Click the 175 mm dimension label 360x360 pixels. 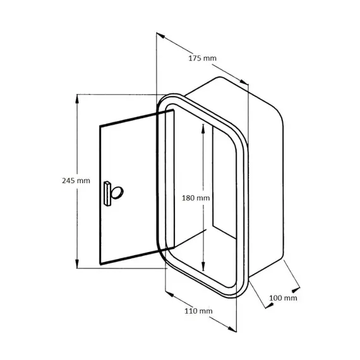(203, 58)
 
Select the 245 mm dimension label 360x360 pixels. (61, 180)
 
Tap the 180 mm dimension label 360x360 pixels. (195, 198)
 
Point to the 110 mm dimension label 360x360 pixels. (199, 311)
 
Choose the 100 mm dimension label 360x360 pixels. (284, 297)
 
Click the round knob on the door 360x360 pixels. (117, 192)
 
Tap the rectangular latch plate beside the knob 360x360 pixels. (107, 192)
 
